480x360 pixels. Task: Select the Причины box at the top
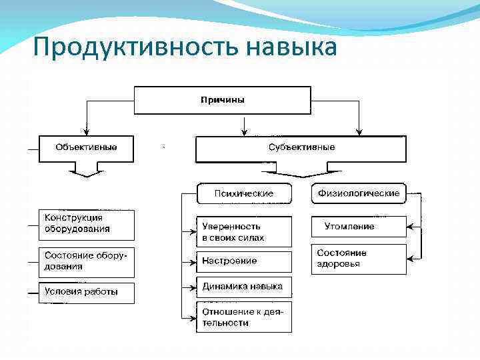pos(222,100)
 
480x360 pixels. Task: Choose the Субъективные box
pos(301,149)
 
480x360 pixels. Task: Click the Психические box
pos(244,193)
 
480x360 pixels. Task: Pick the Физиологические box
pos(359,193)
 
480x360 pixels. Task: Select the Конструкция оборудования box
pos(86,225)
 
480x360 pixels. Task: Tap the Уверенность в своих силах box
pos(244,232)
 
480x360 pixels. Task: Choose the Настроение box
pos(244,261)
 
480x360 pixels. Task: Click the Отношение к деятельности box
pos(244,317)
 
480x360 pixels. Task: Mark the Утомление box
pos(359,227)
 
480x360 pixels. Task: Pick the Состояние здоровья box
pos(359,259)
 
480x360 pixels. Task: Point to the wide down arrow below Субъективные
pos(301,173)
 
